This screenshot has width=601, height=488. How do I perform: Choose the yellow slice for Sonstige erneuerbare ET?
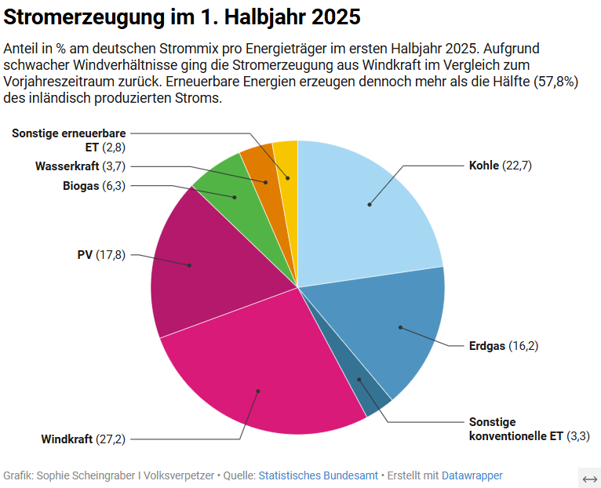click(286, 169)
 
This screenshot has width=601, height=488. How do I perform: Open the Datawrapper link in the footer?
click(472, 475)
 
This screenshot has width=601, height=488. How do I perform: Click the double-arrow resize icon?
click(589, 478)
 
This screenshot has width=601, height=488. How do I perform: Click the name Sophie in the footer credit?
click(54, 475)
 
